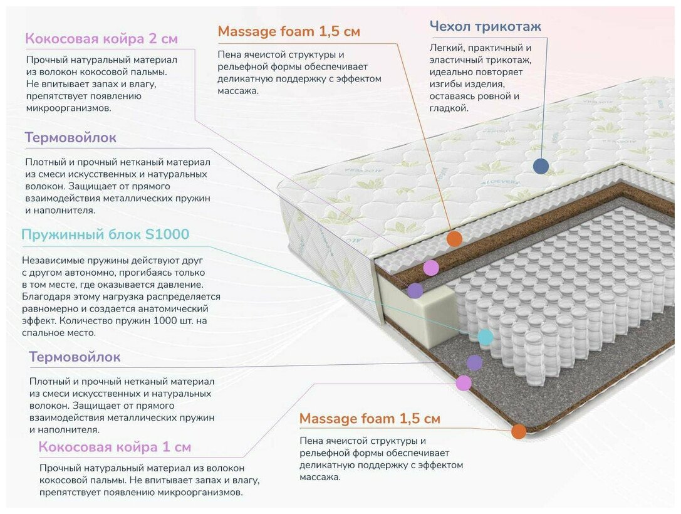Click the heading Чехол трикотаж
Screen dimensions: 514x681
(x=485, y=26)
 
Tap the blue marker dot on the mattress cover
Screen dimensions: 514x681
(x=541, y=166)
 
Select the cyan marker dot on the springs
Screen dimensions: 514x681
(x=485, y=337)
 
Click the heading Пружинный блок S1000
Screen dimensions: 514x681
(x=105, y=234)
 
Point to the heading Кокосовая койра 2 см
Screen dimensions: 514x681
(x=101, y=39)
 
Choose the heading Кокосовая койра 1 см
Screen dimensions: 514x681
(x=115, y=447)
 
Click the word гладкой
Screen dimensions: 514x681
(x=449, y=108)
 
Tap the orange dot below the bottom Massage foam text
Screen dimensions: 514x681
(x=518, y=431)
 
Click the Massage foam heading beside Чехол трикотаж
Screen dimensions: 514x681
(x=289, y=31)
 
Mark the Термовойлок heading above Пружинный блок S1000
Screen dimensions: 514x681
(x=71, y=137)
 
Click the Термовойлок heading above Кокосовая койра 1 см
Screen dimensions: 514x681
(x=75, y=357)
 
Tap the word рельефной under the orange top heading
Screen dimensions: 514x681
(x=241, y=67)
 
